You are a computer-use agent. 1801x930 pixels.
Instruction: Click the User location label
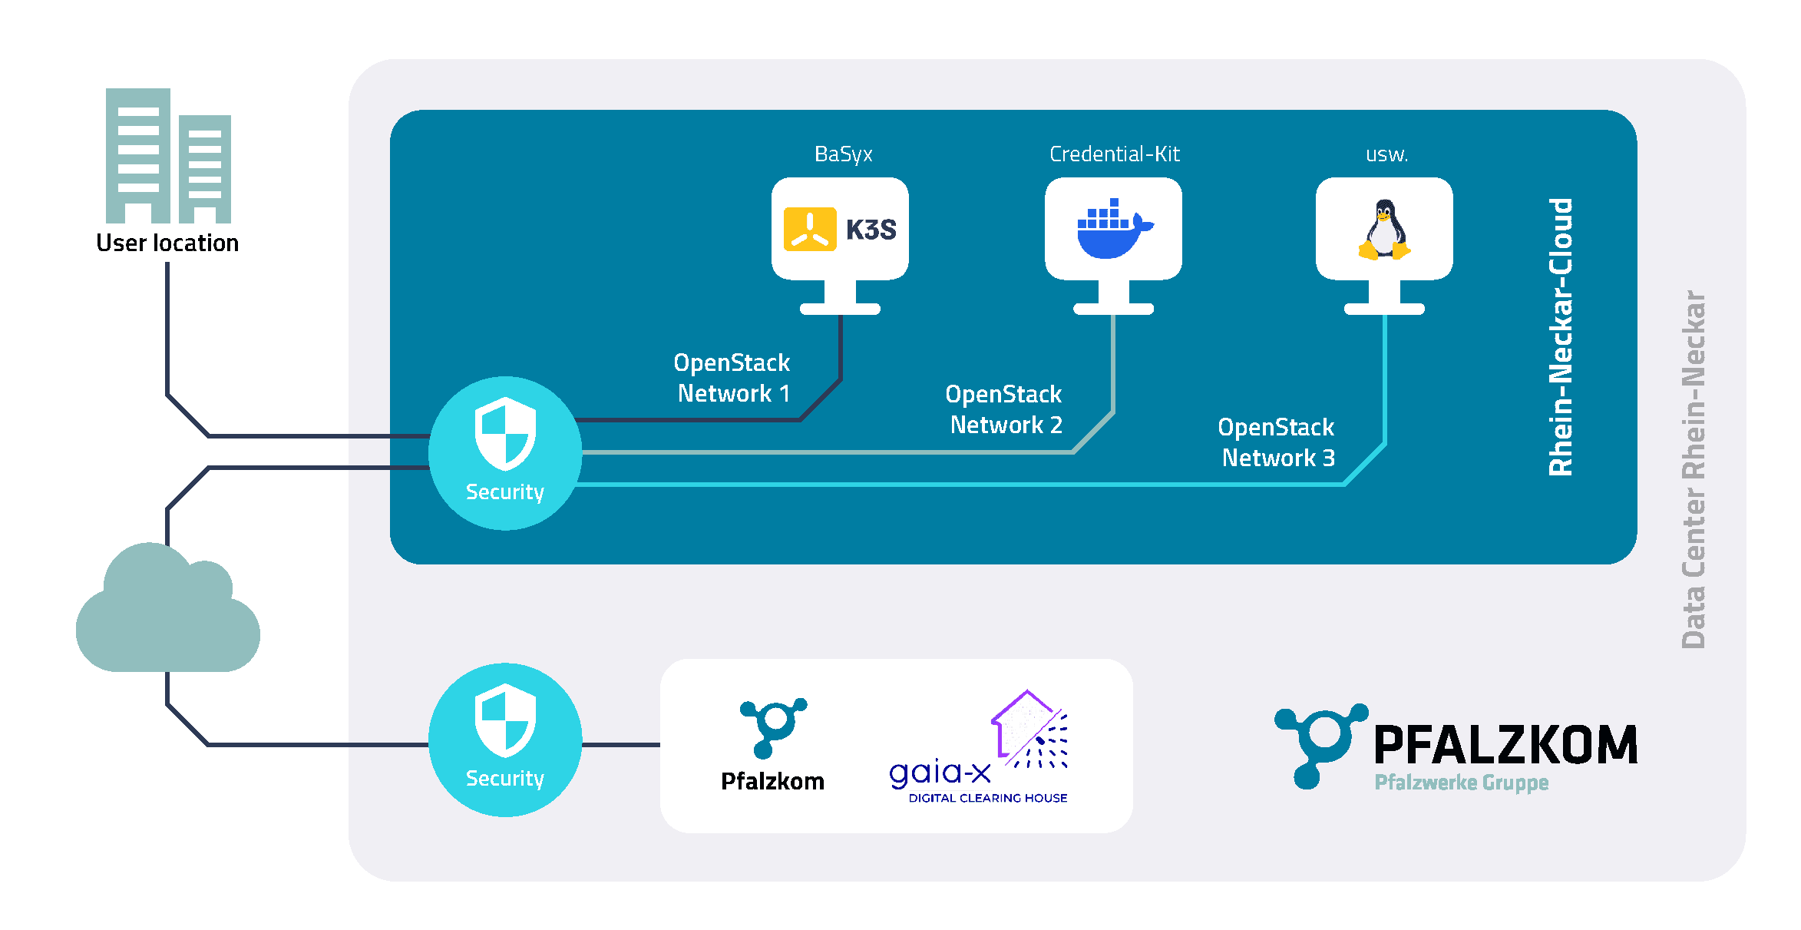point(167,243)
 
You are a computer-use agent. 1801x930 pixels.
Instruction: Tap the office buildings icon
point(168,157)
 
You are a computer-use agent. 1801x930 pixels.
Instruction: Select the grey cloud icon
point(167,610)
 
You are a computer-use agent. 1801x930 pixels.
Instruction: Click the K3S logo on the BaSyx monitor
point(840,229)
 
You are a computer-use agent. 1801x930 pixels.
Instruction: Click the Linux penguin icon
point(1384,229)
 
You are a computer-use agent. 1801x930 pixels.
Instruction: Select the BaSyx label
point(843,154)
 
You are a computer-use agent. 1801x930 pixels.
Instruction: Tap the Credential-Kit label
point(1114,154)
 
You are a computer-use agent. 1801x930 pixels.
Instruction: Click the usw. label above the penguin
point(1386,154)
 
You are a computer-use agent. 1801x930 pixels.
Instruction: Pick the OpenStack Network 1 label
point(732,378)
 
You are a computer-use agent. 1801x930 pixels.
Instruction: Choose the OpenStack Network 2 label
point(1004,409)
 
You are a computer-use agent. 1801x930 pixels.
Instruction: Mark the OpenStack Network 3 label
point(1277,442)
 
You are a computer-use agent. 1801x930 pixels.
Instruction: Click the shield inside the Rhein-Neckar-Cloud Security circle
point(504,433)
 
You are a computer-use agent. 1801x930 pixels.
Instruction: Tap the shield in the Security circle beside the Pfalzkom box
point(504,720)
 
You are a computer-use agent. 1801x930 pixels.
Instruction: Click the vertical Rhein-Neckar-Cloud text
point(1560,338)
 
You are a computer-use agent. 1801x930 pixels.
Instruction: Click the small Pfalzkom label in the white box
point(772,781)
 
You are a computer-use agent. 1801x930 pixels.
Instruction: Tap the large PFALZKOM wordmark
point(1505,745)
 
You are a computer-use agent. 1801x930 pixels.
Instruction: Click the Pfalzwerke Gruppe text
point(1461,783)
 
